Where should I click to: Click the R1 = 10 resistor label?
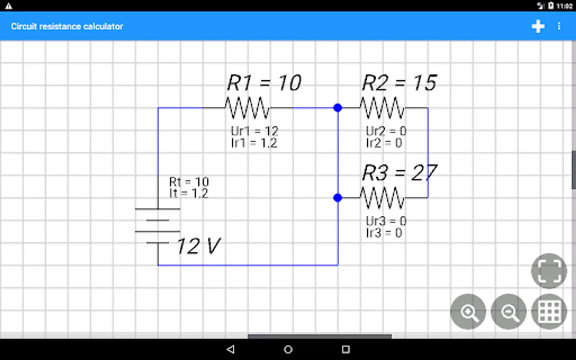point(264,83)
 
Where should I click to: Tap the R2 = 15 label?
point(399,83)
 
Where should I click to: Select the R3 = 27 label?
point(399,173)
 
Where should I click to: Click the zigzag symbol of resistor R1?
point(247,108)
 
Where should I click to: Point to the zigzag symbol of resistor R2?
point(382,108)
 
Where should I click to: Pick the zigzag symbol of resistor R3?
point(382,198)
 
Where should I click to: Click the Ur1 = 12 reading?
point(254,131)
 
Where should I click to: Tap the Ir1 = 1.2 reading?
point(254,143)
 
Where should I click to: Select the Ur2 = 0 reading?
point(386,131)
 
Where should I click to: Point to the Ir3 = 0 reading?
point(384,233)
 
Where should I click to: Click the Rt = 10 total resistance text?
point(189,182)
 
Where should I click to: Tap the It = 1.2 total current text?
point(188,194)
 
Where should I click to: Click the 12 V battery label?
point(198,246)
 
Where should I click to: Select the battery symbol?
point(158,226)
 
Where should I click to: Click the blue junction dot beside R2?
point(338,108)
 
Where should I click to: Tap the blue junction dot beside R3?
point(338,198)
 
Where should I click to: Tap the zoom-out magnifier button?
point(508,312)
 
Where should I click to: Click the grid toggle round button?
point(549,312)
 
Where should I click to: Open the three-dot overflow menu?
point(559,26)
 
